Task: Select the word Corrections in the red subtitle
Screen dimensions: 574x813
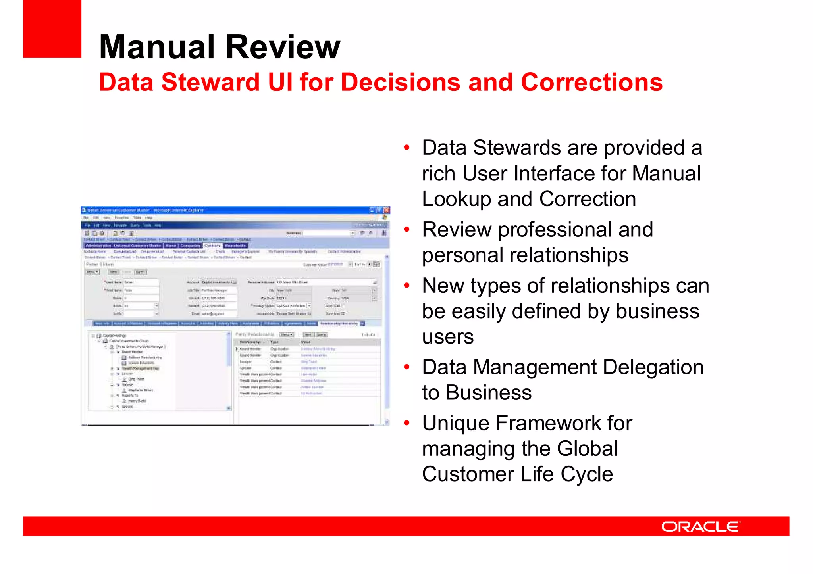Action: click(x=591, y=83)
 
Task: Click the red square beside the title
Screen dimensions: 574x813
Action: click(x=52, y=29)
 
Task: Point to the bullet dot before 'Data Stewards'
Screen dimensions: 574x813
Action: click(x=406, y=148)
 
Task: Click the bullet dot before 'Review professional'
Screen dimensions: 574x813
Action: click(x=406, y=230)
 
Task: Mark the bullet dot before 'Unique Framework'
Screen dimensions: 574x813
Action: click(x=406, y=423)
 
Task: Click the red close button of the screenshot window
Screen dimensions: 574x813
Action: click(x=386, y=210)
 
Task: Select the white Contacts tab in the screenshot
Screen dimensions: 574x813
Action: click(x=212, y=246)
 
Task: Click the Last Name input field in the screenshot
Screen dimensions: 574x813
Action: click(x=141, y=282)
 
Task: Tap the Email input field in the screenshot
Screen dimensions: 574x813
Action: click(x=218, y=314)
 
